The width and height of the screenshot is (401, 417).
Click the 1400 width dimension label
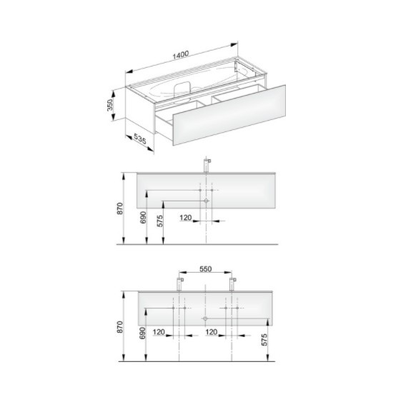tap(181, 55)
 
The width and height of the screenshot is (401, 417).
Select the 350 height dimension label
tap(110, 105)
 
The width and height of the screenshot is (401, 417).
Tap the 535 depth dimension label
tap(140, 139)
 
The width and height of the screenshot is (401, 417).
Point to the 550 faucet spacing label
tap(206, 269)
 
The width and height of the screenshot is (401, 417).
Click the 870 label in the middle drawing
tap(120, 208)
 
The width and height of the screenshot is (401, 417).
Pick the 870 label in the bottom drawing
tap(120, 327)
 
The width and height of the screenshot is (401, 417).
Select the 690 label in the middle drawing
tap(143, 218)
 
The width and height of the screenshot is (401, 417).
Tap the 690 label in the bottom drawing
tap(143, 333)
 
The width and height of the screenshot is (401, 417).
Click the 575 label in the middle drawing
tap(160, 221)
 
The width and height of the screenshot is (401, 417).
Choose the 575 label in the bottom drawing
tap(264, 340)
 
